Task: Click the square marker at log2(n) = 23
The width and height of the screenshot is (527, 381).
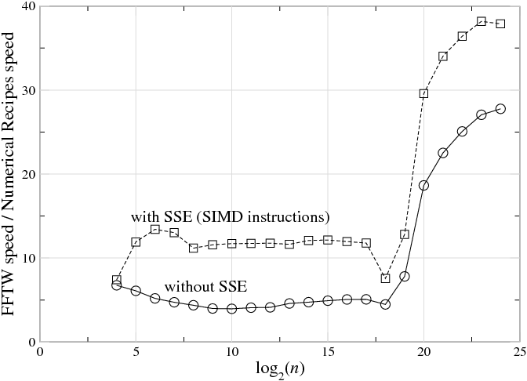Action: click(x=482, y=21)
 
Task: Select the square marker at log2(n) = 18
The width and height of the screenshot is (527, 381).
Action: click(x=385, y=278)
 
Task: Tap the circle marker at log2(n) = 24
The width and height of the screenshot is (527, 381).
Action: click(x=500, y=109)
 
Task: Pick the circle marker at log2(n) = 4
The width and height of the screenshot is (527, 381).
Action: click(x=117, y=285)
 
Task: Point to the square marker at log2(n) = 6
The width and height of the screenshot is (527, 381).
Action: click(x=155, y=229)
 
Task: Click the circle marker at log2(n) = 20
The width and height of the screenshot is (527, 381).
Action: click(x=423, y=186)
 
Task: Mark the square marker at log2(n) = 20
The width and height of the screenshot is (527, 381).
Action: click(x=423, y=93)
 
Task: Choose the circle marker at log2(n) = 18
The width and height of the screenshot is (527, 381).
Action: click(x=385, y=304)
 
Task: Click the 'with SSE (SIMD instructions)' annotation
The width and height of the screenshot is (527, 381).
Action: click(x=230, y=216)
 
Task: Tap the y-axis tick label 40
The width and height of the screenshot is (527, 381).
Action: click(x=28, y=6)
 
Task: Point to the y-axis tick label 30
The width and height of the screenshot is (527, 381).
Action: click(x=28, y=90)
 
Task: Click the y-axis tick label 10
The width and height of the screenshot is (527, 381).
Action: click(x=28, y=258)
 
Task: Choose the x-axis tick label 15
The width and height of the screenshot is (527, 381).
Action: click(x=327, y=352)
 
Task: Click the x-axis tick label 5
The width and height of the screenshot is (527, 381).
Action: click(x=136, y=352)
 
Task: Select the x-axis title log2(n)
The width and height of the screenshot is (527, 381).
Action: click(x=279, y=369)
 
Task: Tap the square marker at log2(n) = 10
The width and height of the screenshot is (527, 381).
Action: click(x=231, y=244)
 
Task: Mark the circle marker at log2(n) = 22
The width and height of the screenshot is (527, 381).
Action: click(x=462, y=132)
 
